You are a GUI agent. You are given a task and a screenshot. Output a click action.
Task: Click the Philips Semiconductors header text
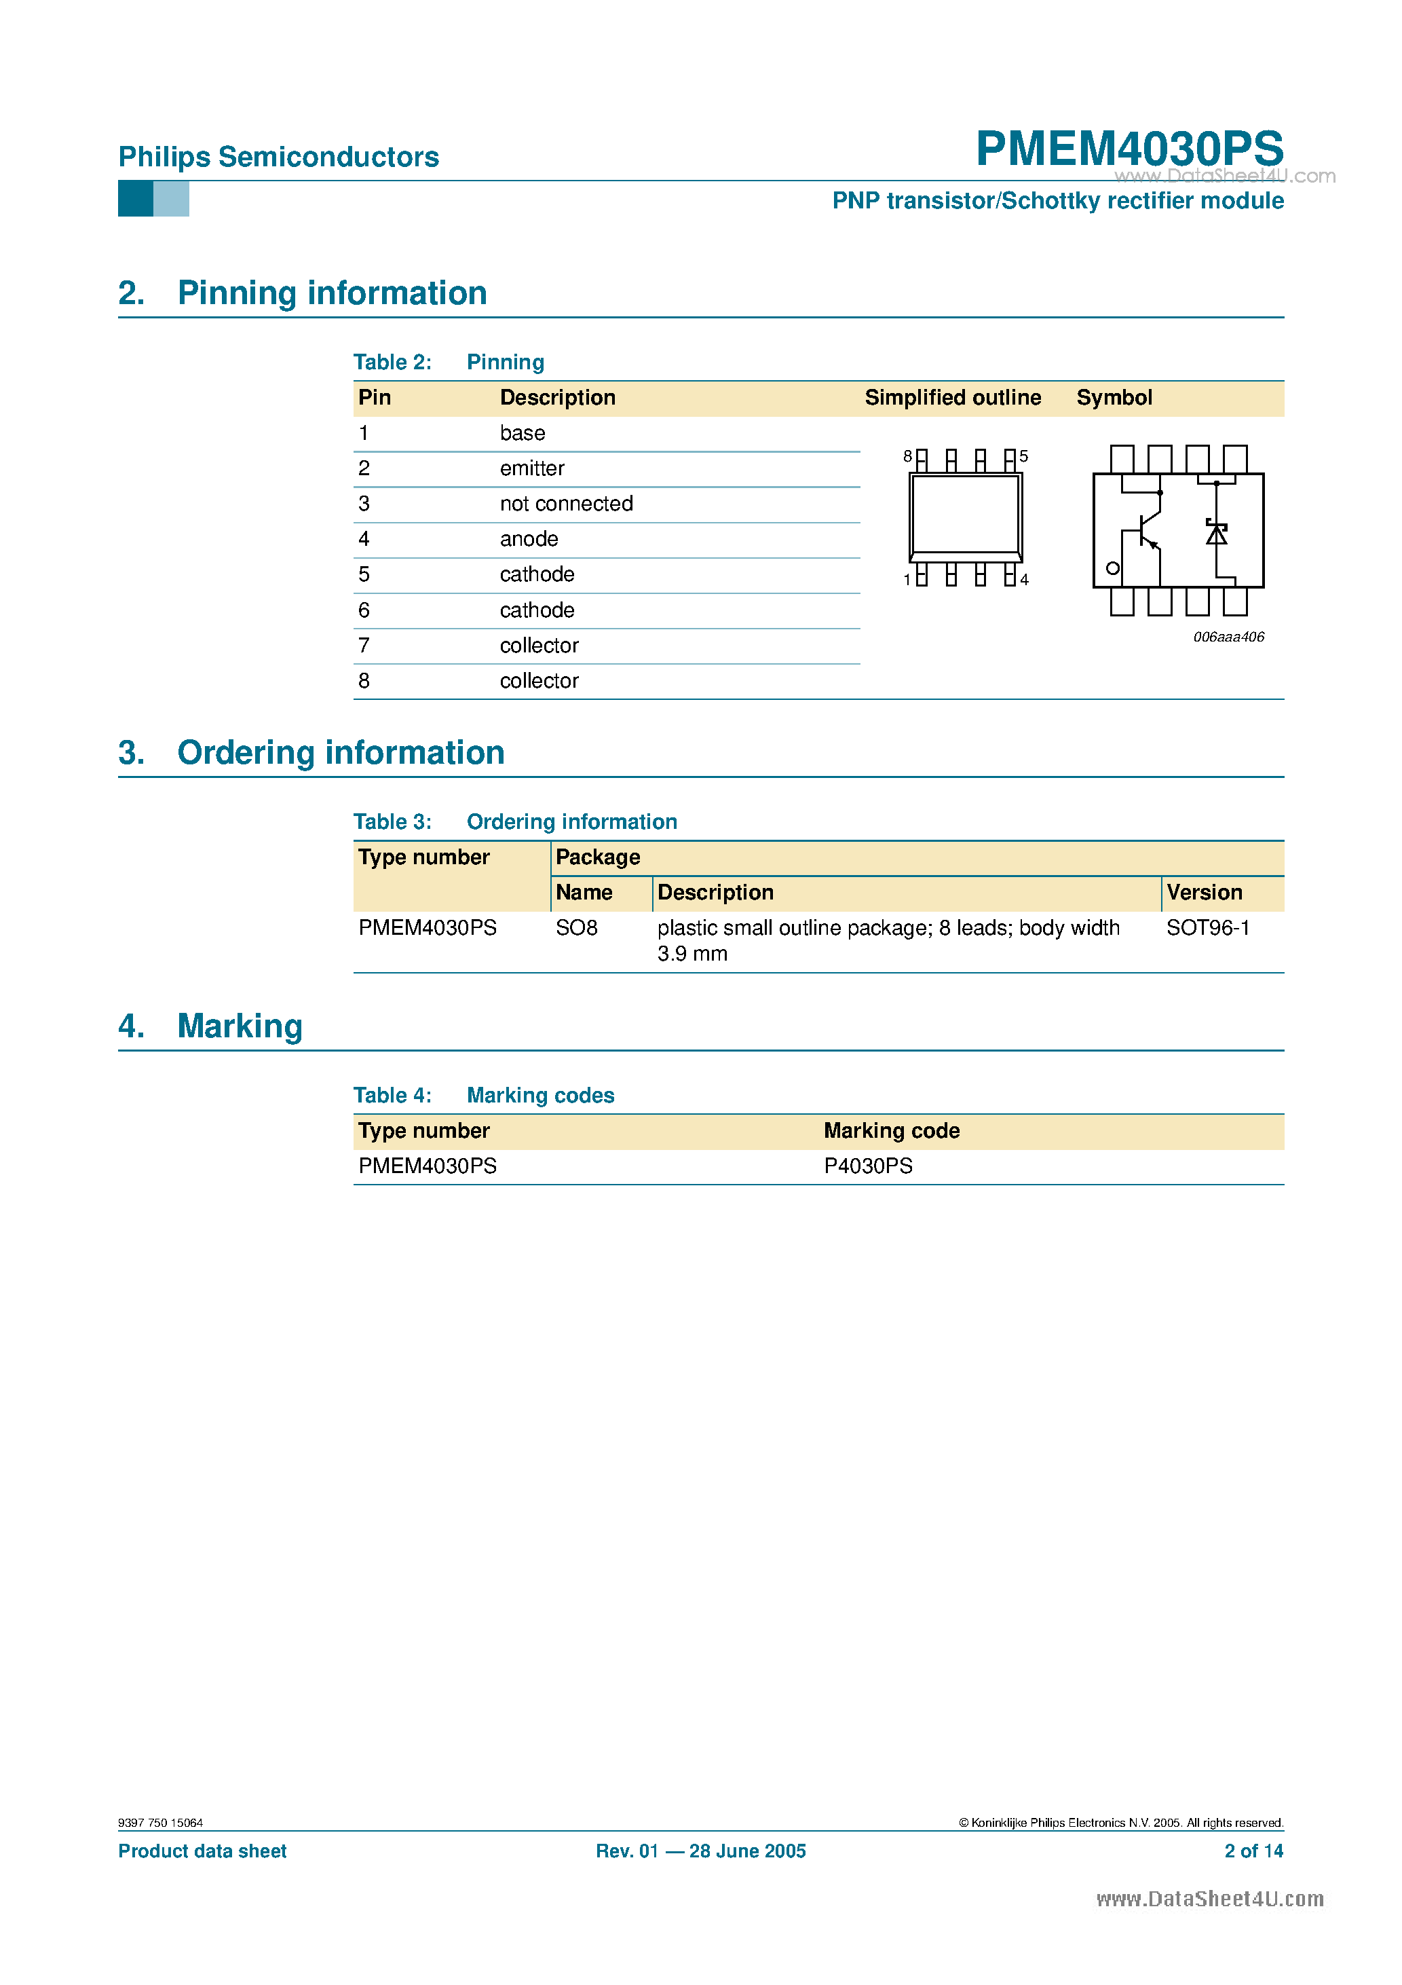(278, 157)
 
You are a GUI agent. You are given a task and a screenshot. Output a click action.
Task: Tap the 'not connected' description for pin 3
(565, 504)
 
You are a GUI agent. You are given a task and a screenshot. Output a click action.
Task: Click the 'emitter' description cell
(531, 468)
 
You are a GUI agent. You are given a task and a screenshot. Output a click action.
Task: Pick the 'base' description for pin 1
(522, 433)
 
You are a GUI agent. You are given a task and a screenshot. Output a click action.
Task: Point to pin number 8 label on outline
(907, 456)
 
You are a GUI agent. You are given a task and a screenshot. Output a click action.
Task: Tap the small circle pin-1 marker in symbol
(1112, 568)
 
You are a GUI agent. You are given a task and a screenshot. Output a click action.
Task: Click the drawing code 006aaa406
(1228, 637)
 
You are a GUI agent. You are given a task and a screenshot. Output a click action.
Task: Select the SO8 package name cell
(577, 929)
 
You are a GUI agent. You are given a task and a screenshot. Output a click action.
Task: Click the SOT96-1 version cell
(1207, 929)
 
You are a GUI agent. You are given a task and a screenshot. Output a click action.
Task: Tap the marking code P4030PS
(868, 1166)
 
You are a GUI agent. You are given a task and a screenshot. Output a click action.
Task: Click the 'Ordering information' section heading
(341, 753)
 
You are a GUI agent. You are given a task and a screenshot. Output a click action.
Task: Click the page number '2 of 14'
(1253, 1851)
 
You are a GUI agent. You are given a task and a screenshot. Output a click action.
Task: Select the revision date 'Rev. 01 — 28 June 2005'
(700, 1851)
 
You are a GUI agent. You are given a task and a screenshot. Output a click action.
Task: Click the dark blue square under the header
(136, 199)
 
